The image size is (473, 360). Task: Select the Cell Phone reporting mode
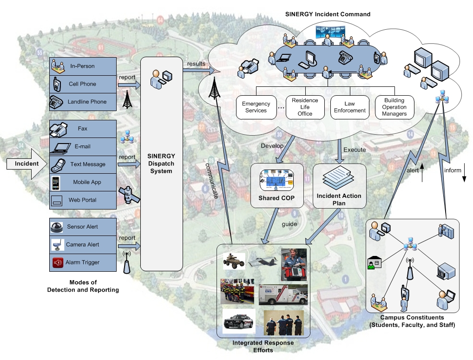[x=82, y=84]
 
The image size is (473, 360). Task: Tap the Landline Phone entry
[x=82, y=102]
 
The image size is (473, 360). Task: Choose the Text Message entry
[x=82, y=164]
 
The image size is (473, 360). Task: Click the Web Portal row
[x=82, y=200]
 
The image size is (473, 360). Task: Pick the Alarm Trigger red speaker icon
[x=58, y=262]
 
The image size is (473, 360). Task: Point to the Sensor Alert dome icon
[x=58, y=227]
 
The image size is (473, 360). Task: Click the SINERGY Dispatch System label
[x=161, y=164]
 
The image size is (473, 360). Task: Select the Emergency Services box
[x=256, y=107]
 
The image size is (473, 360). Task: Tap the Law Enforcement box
[x=349, y=107]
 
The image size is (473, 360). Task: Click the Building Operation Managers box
[x=394, y=107]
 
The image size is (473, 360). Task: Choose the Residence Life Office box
[x=305, y=107]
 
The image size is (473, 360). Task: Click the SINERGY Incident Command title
[x=327, y=14]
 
